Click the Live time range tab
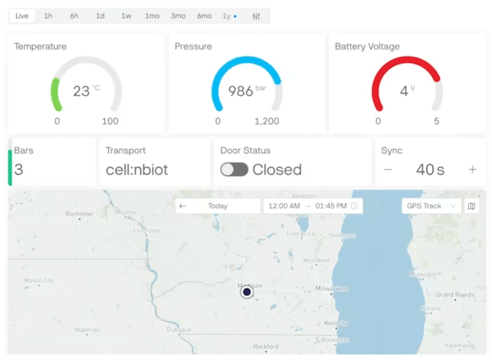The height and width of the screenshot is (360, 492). pos(22,16)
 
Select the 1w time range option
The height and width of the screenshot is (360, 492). pos(126,16)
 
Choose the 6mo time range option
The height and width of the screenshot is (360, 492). pos(204,16)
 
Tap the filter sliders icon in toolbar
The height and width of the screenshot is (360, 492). pos(256,16)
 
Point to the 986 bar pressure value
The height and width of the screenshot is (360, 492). pos(246,91)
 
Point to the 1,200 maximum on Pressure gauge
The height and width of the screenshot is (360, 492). pos(267,121)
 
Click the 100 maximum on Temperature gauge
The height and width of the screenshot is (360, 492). pos(110,121)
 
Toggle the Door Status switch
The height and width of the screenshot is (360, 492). pos(234,170)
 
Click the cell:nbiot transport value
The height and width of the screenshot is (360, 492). pos(137,170)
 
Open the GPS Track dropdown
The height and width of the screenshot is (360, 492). pos(431,206)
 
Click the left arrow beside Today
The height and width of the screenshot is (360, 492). pos(183,206)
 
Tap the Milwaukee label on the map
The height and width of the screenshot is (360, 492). pos(331,289)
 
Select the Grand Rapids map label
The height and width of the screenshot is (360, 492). pos(455,295)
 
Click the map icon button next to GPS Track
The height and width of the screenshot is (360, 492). pos(472,206)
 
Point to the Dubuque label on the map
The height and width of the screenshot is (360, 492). pos(179,329)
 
